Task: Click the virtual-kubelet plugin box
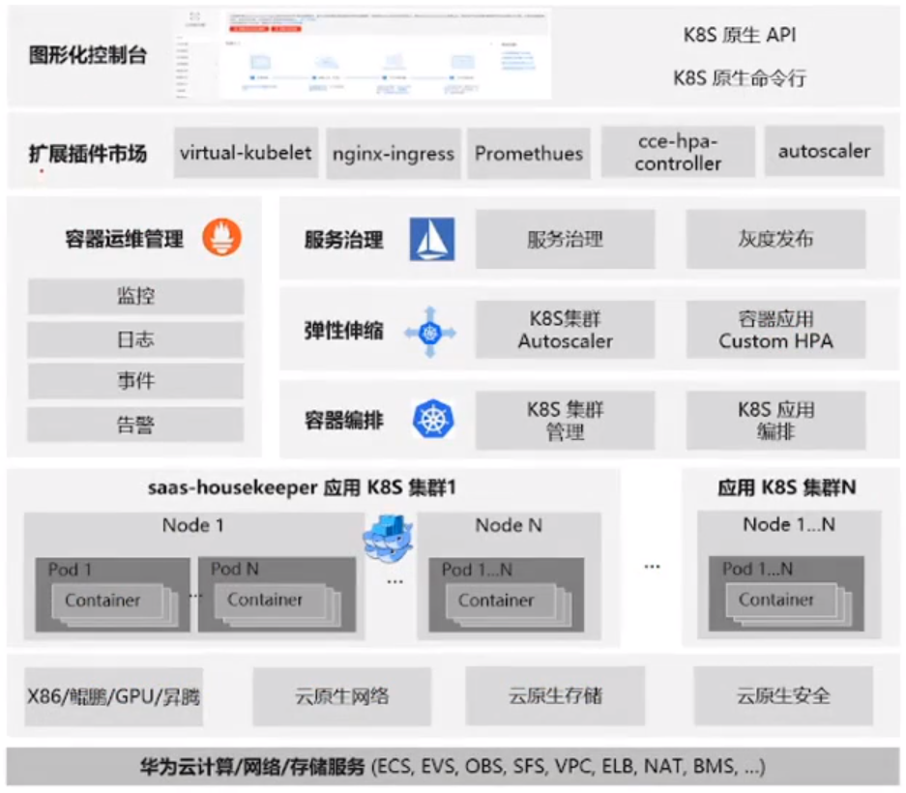click(x=246, y=152)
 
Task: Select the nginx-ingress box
click(x=393, y=153)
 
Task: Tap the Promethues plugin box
click(x=528, y=153)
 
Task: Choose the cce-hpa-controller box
click(x=678, y=153)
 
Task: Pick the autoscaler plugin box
click(x=824, y=152)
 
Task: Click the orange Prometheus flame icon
click(x=221, y=237)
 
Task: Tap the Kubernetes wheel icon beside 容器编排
click(x=434, y=420)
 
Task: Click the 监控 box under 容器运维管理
click(x=135, y=297)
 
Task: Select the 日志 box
click(x=135, y=339)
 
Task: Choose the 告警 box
click(x=135, y=424)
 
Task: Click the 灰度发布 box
click(x=774, y=239)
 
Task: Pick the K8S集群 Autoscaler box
click(x=565, y=330)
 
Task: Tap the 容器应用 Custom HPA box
click(x=774, y=330)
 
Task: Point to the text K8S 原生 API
click(x=740, y=36)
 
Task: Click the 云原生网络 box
click(x=342, y=695)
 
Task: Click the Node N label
click(x=509, y=525)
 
